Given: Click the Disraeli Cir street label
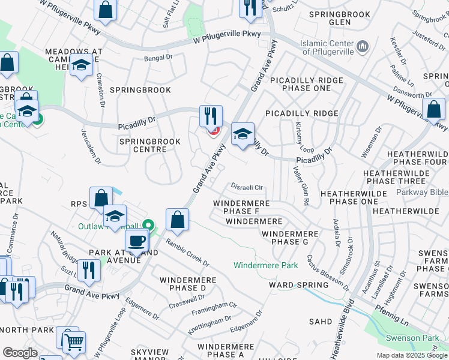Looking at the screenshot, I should [247, 187].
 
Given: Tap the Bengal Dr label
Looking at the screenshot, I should [158, 59].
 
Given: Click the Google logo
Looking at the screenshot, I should [20, 353].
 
